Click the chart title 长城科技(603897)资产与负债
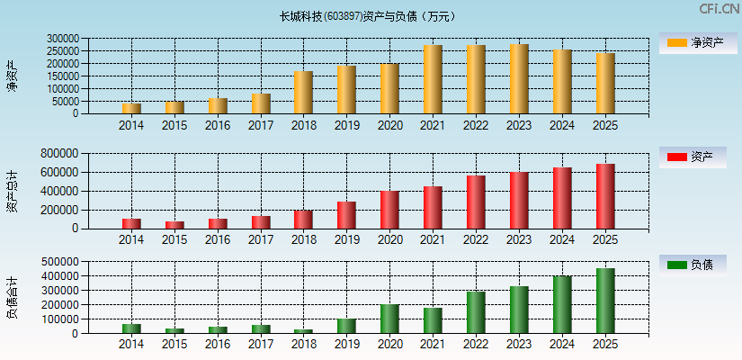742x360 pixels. (x=367, y=16)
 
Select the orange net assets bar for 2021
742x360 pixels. (x=433, y=79)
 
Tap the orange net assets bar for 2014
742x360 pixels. (x=131, y=108)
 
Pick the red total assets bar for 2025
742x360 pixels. (x=605, y=196)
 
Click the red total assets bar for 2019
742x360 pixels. (x=346, y=214)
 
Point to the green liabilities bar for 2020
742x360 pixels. (x=389, y=319)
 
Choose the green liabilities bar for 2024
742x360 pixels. (x=562, y=304)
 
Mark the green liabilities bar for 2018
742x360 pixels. (x=303, y=330)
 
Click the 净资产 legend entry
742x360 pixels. (x=693, y=42)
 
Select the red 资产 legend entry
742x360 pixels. (x=693, y=157)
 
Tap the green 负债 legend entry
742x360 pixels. (x=693, y=265)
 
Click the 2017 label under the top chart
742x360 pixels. (x=261, y=126)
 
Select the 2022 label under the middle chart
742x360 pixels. (x=476, y=239)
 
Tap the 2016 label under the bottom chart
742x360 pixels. (x=218, y=345)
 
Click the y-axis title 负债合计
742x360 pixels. (x=12, y=298)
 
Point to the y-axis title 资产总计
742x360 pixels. (x=12, y=191)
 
